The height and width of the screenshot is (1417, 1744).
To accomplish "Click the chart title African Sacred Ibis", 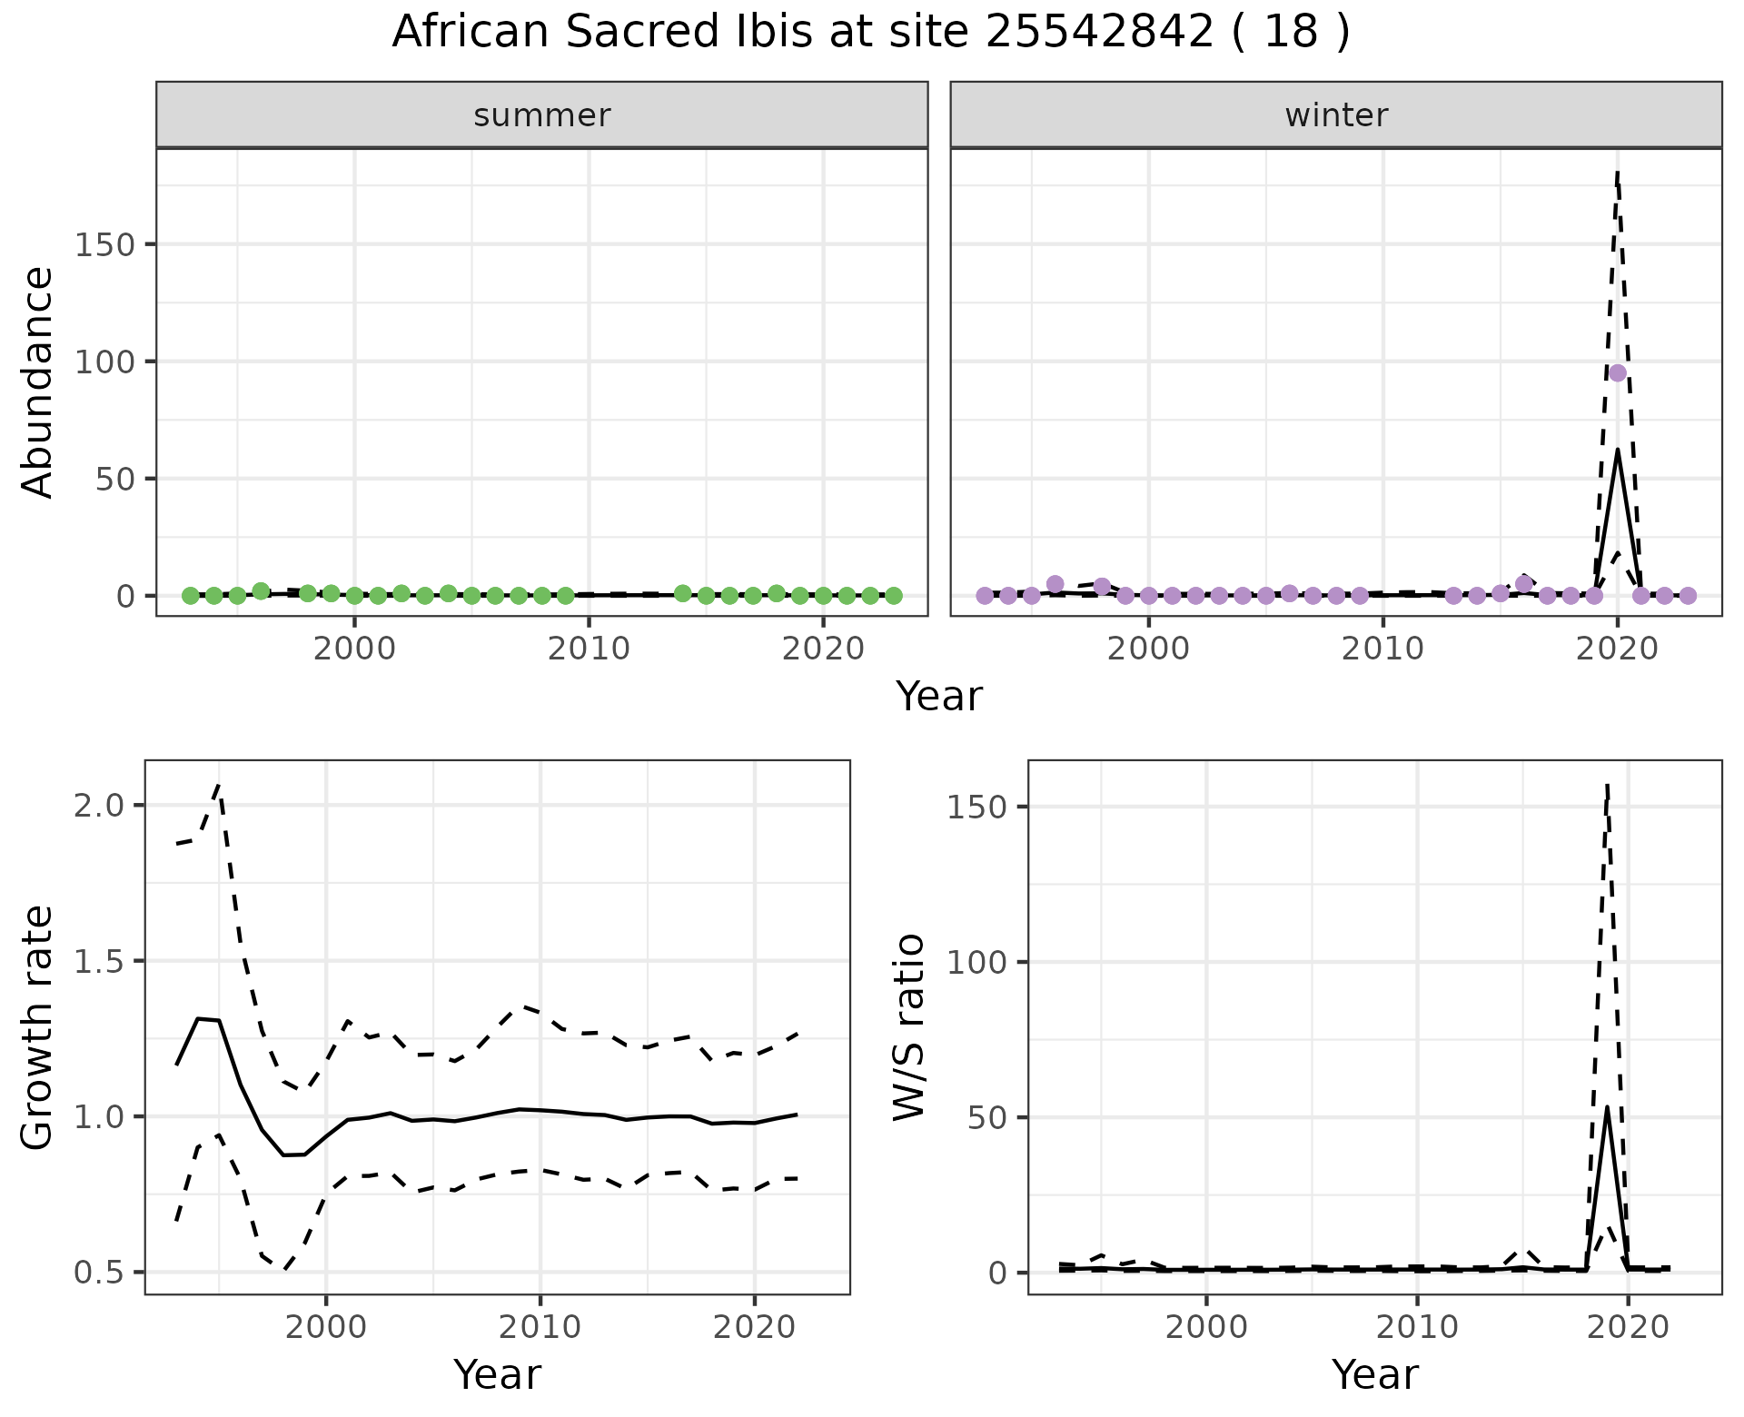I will pos(870,33).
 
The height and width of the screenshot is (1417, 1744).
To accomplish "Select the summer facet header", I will pos(541,115).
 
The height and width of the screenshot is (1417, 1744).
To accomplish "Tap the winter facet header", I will pos(1335,115).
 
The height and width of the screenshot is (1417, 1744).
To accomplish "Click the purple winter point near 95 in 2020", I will pos(1618,373).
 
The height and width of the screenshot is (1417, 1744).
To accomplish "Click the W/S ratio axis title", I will pos(908,1026).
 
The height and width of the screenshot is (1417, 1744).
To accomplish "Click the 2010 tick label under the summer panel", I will pos(589,649).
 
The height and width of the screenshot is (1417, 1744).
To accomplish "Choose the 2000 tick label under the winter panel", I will pos(1149,649).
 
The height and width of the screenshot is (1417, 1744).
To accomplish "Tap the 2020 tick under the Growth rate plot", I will pos(754,1328).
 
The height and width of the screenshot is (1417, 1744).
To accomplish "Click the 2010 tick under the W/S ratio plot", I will pos(1417,1328).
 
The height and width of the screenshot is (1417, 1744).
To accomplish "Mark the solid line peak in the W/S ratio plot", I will pos(1608,1106).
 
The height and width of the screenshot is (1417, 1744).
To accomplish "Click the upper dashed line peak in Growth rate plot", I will pos(219,785).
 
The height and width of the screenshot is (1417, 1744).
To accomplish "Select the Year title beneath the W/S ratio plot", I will pos(1374,1374).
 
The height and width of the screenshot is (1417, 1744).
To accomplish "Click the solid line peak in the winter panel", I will pos(1618,451).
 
